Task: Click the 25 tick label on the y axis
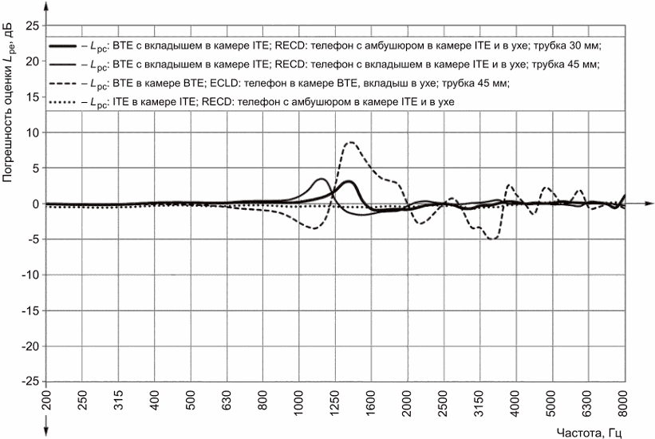[33, 26]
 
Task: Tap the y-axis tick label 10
[33, 132]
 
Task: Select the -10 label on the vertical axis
[30, 275]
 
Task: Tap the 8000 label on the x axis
[624, 404]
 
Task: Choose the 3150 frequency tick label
[479, 404]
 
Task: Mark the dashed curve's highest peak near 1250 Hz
[349, 142]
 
